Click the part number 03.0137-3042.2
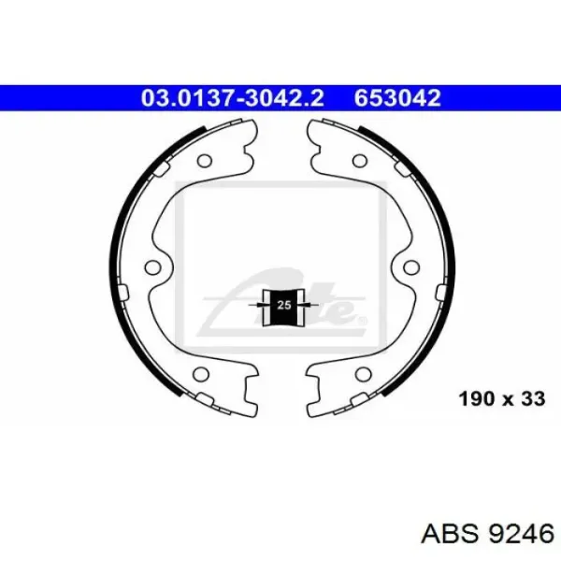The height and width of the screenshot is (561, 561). [232, 97]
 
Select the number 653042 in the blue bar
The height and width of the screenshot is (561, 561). [397, 97]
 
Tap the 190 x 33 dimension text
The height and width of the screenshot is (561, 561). [502, 398]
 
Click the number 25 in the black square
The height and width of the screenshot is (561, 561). [284, 305]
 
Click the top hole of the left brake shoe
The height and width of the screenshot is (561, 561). [205, 160]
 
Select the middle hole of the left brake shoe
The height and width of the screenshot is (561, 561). [152, 266]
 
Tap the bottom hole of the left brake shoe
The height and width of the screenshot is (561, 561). [200, 374]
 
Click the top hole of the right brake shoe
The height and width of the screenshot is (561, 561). [359, 160]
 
